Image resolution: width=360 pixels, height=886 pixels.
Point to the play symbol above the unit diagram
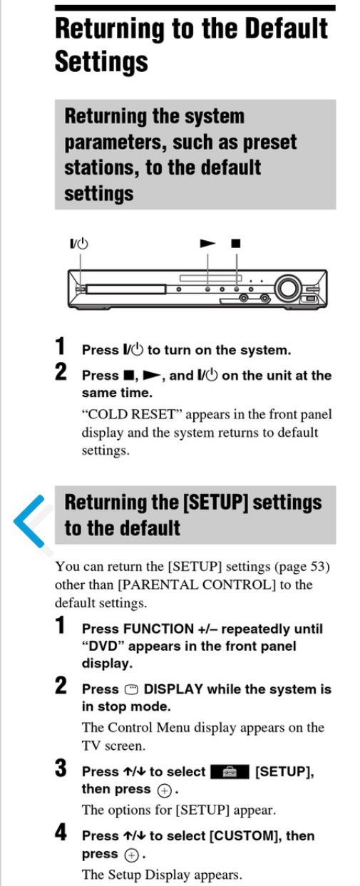207,243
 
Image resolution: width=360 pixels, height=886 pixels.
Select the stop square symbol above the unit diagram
236,243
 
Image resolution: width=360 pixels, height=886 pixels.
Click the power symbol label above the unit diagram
79,243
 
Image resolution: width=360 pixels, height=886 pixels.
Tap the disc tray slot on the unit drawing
125,289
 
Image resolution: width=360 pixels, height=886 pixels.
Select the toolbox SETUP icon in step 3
230,772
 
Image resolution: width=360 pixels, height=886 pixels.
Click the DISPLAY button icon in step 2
132,689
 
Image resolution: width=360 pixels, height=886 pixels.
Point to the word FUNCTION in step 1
158,629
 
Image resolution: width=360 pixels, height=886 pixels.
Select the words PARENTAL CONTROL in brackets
197,584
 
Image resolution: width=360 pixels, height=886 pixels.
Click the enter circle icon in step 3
164,790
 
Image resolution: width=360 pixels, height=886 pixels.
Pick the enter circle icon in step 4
131,855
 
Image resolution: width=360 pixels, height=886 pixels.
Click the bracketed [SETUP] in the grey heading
215,503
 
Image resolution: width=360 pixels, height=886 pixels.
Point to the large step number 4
61,833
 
